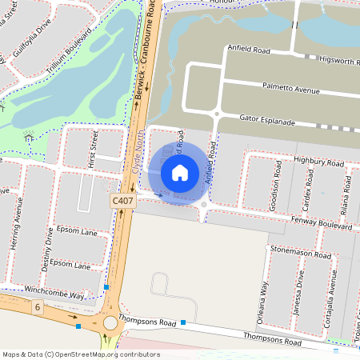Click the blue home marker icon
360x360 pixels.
[x=180, y=173]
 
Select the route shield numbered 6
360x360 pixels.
[x=37, y=307]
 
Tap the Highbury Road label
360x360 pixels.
[x=318, y=161]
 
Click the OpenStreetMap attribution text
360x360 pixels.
[x=81, y=354]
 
